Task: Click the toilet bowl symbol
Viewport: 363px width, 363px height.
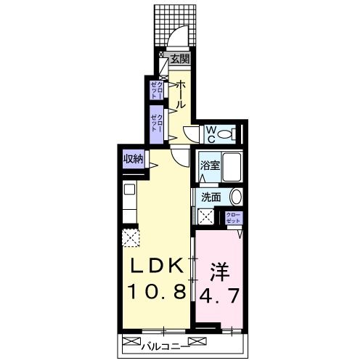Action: coord(227,134)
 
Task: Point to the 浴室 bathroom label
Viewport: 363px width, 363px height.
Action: coord(210,166)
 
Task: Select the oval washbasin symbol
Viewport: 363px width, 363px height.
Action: coord(235,196)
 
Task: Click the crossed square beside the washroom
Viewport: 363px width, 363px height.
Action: coord(207,216)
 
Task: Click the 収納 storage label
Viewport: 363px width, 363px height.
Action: coord(132,158)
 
